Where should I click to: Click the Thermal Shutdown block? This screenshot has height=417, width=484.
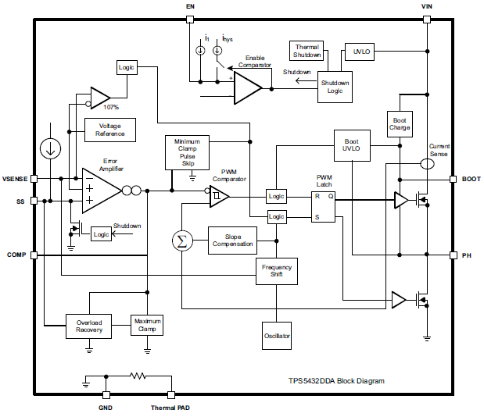(x=307, y=52)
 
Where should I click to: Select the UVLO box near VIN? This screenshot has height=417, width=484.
(x=361, y=52)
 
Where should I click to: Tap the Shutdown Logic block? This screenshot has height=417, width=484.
(x=335, y=87)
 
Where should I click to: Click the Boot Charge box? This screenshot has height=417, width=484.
(x=400, y=123)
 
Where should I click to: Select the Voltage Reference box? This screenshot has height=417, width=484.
(x=109, y=130)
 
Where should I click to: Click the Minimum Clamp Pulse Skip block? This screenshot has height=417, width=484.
(x=187, y=151)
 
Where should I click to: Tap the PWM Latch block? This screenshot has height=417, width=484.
(x=324, y=206)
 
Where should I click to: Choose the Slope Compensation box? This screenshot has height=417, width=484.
(x=233, y=240)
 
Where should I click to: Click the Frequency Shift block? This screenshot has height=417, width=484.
(x=277, y=271)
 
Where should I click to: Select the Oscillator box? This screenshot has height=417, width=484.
(x=277, y=336)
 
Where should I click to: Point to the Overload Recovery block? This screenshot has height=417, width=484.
(x=88, y=326)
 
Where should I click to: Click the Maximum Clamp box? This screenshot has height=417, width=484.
(x=147, y=326)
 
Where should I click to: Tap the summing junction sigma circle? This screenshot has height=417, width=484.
(x=182, y=241)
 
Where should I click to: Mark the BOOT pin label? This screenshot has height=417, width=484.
(x=471, y=179)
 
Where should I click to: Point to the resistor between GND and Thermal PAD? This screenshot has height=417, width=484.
(x=138, y=376)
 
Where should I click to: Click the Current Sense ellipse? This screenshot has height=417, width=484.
(x=428, y=164)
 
